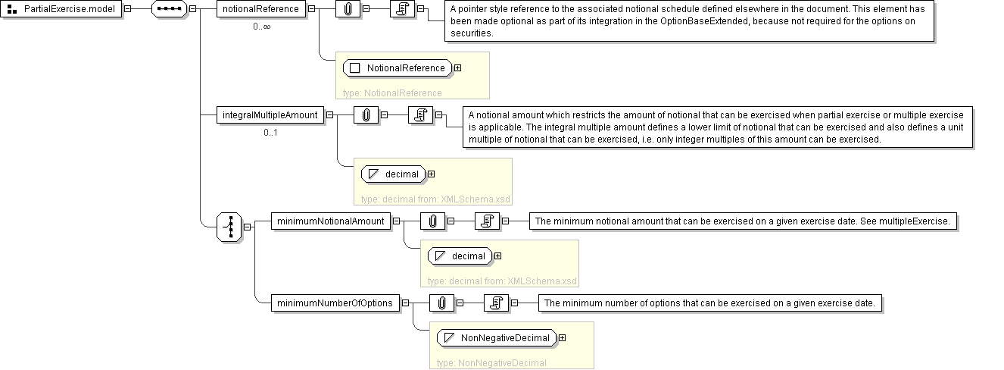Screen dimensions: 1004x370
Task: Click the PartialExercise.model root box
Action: tap(61, 9)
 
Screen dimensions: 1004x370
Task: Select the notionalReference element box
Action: tap(261, 9)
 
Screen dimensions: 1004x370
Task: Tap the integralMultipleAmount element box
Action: tap(270, 115)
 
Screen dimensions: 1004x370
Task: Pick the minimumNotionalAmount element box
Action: tap(331, 221)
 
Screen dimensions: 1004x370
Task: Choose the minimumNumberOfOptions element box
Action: tap(335, 303)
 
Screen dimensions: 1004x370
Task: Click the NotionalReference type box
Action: tap(398, 67)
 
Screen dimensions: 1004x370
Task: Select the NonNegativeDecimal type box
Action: tap(497, 337)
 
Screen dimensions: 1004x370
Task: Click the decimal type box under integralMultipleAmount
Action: tap(394, 174)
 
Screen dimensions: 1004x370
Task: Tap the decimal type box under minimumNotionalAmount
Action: tap(460, 256)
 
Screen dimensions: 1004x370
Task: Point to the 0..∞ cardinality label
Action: tap(262, 27)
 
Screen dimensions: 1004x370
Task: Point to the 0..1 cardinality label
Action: tap(271, 133)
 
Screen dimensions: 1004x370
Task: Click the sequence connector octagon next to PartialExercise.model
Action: tap(169, 9)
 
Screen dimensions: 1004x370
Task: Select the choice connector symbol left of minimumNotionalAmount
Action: tap(229, 227)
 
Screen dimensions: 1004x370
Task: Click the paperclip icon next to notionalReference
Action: tap(348, 9)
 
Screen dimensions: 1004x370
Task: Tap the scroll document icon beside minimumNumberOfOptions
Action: tap(496, 303)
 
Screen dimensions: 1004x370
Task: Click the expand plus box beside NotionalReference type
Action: tap(457, 67)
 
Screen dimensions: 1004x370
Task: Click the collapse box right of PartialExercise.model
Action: tap(128, 8)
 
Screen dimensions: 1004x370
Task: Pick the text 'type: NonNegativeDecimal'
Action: tap(491, 363)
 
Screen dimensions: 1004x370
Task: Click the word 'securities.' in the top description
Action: tap(472, 33)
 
